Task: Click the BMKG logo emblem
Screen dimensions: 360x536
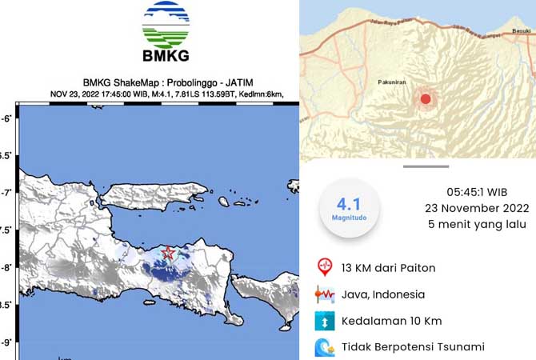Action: (x=166, y=26)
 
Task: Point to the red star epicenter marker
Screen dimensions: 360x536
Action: (x=168, y=253)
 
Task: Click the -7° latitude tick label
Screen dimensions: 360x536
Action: (x=8, y=193)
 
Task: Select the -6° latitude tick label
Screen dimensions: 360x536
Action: (x=8, y=118)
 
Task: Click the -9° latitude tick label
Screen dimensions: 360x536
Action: (x=8, y=342)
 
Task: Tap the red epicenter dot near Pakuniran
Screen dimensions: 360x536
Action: (x=426, y=99)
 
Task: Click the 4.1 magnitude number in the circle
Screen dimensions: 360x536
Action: (x=348, y=204)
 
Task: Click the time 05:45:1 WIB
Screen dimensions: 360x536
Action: (x=477, y=193)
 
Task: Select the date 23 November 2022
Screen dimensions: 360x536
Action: (x=477, y=209)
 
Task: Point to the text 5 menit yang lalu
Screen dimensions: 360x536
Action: (x=477, y=225)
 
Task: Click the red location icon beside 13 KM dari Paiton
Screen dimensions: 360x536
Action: (x=325, y=267)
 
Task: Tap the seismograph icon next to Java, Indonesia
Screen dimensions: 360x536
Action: (x=325, y=294)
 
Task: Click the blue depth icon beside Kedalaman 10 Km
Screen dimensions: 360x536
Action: (x=325, y=321)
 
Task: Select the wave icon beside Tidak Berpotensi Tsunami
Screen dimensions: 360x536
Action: (x=325, y=347)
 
